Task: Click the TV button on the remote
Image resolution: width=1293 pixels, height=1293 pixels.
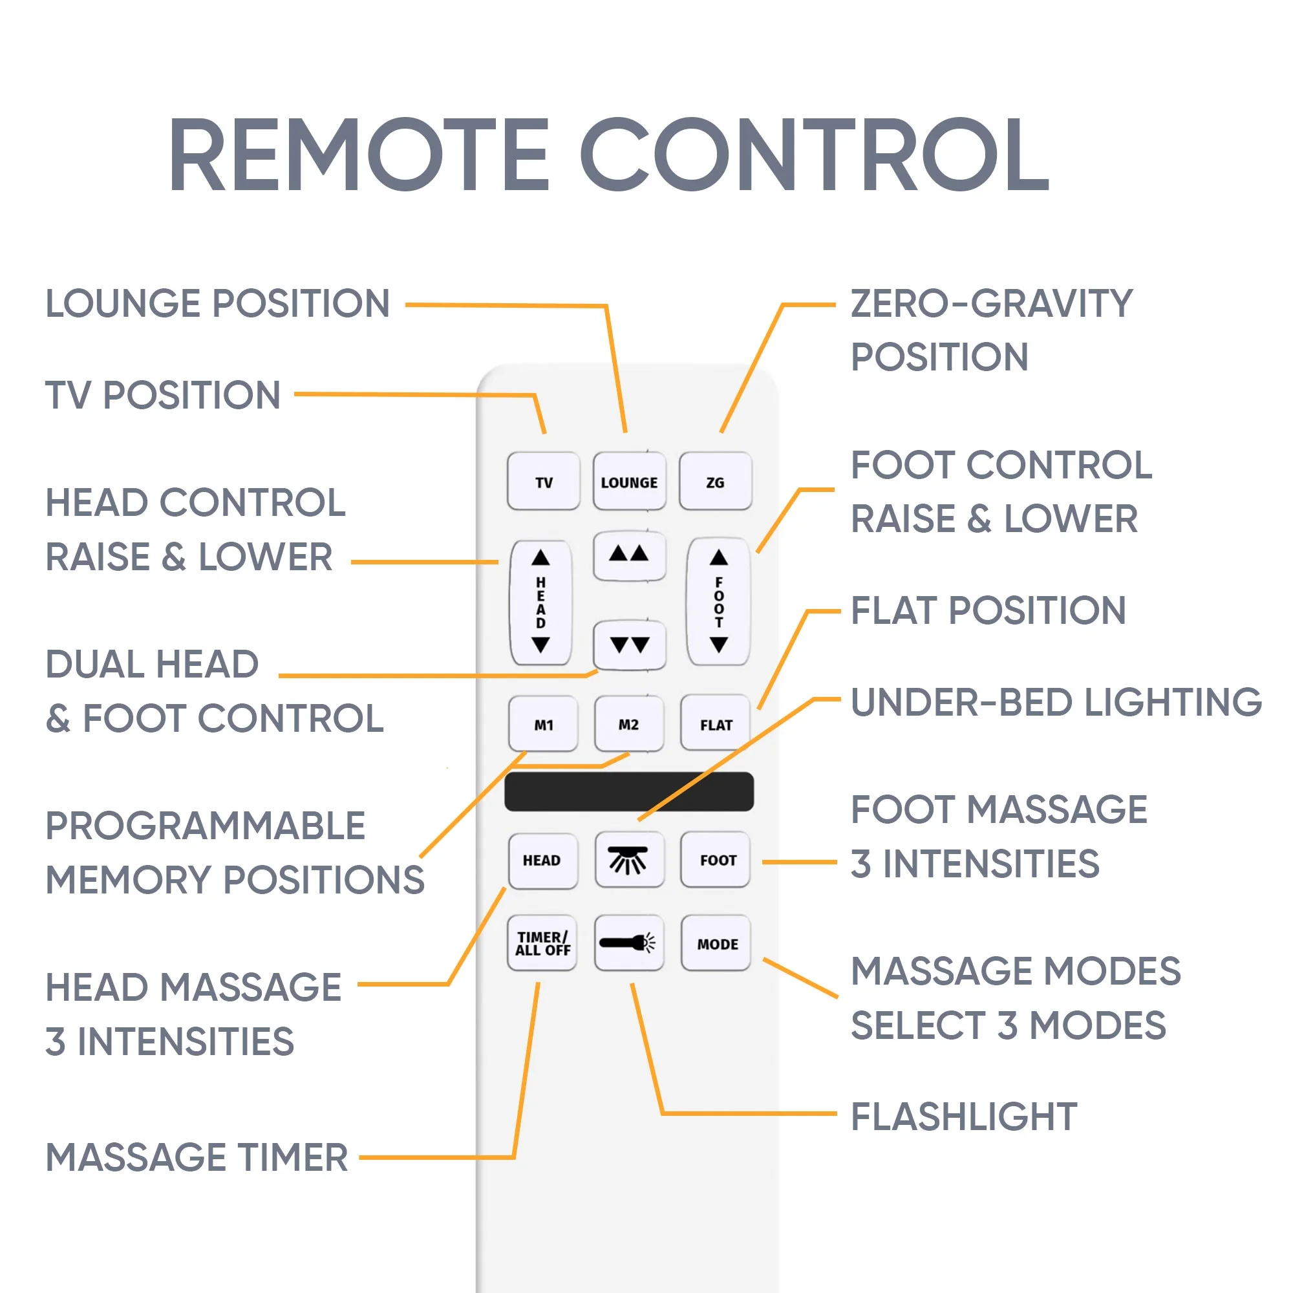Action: [x=544, y=481]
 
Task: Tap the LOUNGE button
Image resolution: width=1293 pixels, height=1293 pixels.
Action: [x=629, y=481]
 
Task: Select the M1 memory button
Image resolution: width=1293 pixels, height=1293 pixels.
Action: [x=544, y=724]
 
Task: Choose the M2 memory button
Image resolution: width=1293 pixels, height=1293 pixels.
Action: [x=629, y=724]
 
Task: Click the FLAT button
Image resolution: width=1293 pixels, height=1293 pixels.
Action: [x=716, y=724]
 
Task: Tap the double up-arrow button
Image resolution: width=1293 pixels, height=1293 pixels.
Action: [x=629, y=555]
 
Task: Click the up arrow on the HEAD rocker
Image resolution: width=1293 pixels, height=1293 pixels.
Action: [x=540, y=557]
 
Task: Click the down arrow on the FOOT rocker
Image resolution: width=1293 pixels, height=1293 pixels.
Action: [x=719, y=645]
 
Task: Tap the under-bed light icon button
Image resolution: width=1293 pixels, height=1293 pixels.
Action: [x=629, y=859]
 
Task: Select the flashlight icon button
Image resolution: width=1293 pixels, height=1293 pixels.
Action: [x=629, y=943]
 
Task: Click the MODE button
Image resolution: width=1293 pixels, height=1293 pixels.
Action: [x=717, y=944]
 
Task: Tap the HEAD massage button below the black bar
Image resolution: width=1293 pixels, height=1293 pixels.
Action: [x=542, y=860]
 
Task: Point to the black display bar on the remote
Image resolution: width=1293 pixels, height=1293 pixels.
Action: [x=629, y=792]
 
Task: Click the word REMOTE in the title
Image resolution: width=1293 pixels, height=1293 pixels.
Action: [x=358, y=155]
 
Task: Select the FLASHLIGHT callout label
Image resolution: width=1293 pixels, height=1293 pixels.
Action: [x=964, y=1117]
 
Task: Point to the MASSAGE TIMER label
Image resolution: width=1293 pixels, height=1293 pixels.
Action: [x=197, y=1158]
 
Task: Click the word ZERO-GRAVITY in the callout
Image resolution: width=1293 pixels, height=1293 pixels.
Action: [x=991, y=303]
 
